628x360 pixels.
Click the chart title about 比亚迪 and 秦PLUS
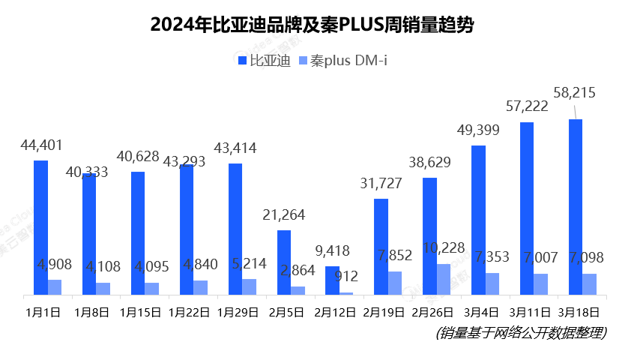click(312, 25)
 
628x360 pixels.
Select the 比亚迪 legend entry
click(264, 61)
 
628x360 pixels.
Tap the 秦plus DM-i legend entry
click(343, 61)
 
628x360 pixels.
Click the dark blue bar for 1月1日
click(41, 228)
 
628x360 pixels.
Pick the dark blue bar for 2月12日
click(333, 280)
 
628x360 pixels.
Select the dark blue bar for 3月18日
click(576, 207)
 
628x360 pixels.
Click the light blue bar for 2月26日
click(444, 280)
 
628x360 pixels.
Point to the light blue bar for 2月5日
click(298, 291)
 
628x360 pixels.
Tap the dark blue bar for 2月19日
click(381, 247)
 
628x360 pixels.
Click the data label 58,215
click(574, 92)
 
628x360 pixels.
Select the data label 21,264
click(283, 215)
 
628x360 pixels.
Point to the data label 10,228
click(444, 248)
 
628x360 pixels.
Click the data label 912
click(346, 276)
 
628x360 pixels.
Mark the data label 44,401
click(42, 145)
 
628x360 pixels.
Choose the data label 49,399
click(478, 130)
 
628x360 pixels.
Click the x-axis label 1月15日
click(141, 313)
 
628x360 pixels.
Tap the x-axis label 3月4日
click(481, 313)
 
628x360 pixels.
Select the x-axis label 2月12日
click(335, 313)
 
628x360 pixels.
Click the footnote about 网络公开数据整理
click(521, 333)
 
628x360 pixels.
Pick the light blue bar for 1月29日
click(249, 287)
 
